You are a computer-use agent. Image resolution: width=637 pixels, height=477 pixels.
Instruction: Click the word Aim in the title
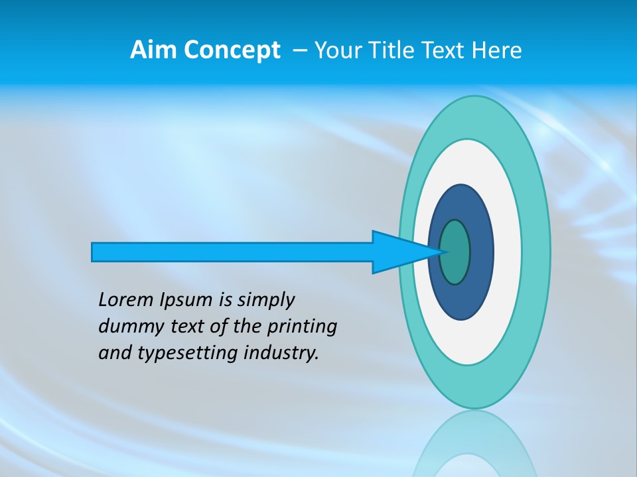154,50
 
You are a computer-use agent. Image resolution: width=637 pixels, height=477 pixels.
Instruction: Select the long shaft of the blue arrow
232,252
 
